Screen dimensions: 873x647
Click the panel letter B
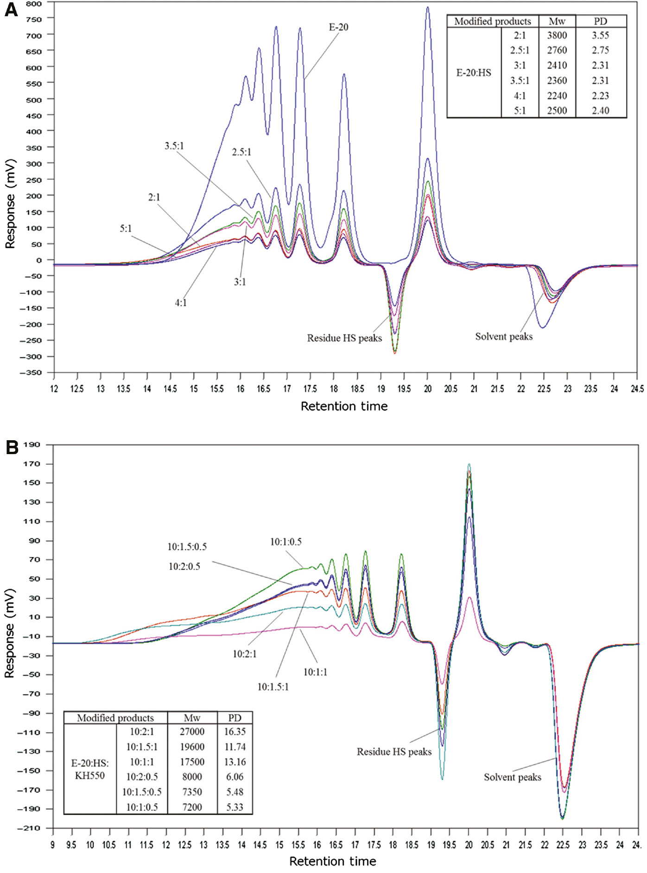coord(11,448)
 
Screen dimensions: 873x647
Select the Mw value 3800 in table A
coord(557,35)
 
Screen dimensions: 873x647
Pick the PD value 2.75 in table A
coord(600,50)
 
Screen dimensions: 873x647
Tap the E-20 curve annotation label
coord(338,27)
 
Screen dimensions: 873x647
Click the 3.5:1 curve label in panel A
coord(174,146)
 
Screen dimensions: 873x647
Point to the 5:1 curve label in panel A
coord(126,228)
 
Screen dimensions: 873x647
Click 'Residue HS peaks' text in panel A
coord(344,338)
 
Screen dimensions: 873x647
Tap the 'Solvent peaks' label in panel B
coord(512,777)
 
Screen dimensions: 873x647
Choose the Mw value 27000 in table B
coord(192,731)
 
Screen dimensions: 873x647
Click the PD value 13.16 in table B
coord(235,762)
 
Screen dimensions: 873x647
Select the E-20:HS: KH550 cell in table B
coord(90,769)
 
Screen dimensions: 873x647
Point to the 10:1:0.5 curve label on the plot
coord(285,542)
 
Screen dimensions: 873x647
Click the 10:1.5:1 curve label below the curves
coord(273,687)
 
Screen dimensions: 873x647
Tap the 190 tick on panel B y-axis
coord(32,445)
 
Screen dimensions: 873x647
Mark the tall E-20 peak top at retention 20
coord(427,7)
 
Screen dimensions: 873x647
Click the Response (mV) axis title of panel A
coord(10,203)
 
